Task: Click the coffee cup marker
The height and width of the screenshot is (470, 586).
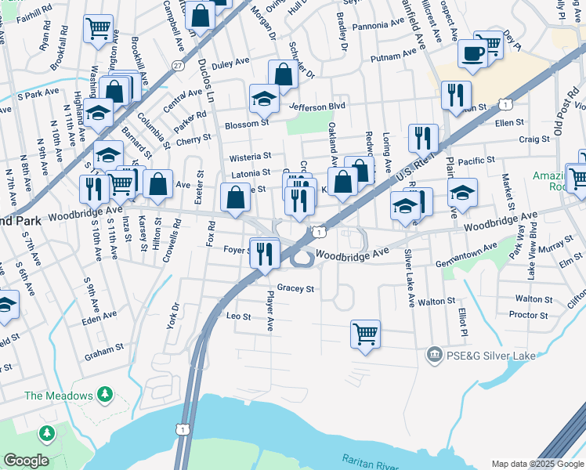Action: pos(472,53)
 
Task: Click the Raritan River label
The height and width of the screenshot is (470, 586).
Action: pos(371,460)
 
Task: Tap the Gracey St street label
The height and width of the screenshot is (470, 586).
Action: pos(295,289)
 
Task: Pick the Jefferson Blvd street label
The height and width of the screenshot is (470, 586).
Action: pos(317,106)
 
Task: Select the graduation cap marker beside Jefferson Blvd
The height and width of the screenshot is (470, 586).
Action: pos(264,99)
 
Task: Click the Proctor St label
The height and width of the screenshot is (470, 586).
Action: pos(527,315)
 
